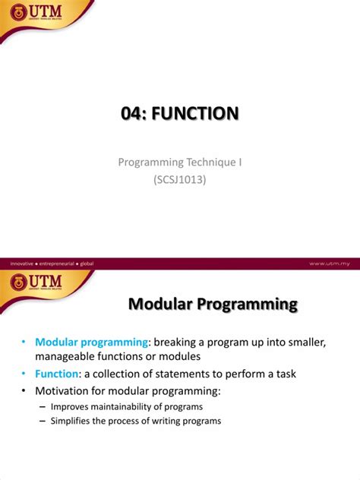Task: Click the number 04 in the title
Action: click(x=134, y=114)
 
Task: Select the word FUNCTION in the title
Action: click(x=196, y=114)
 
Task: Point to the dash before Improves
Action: click(x=42, y=407)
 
